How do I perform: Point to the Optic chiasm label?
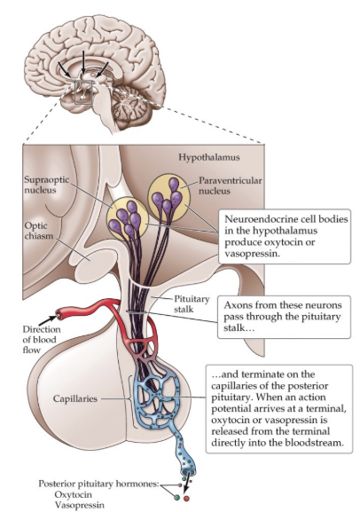point(38,232)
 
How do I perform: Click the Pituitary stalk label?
point(189,306)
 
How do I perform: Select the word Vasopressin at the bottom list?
point(80,504)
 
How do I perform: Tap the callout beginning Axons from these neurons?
point(282,314)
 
